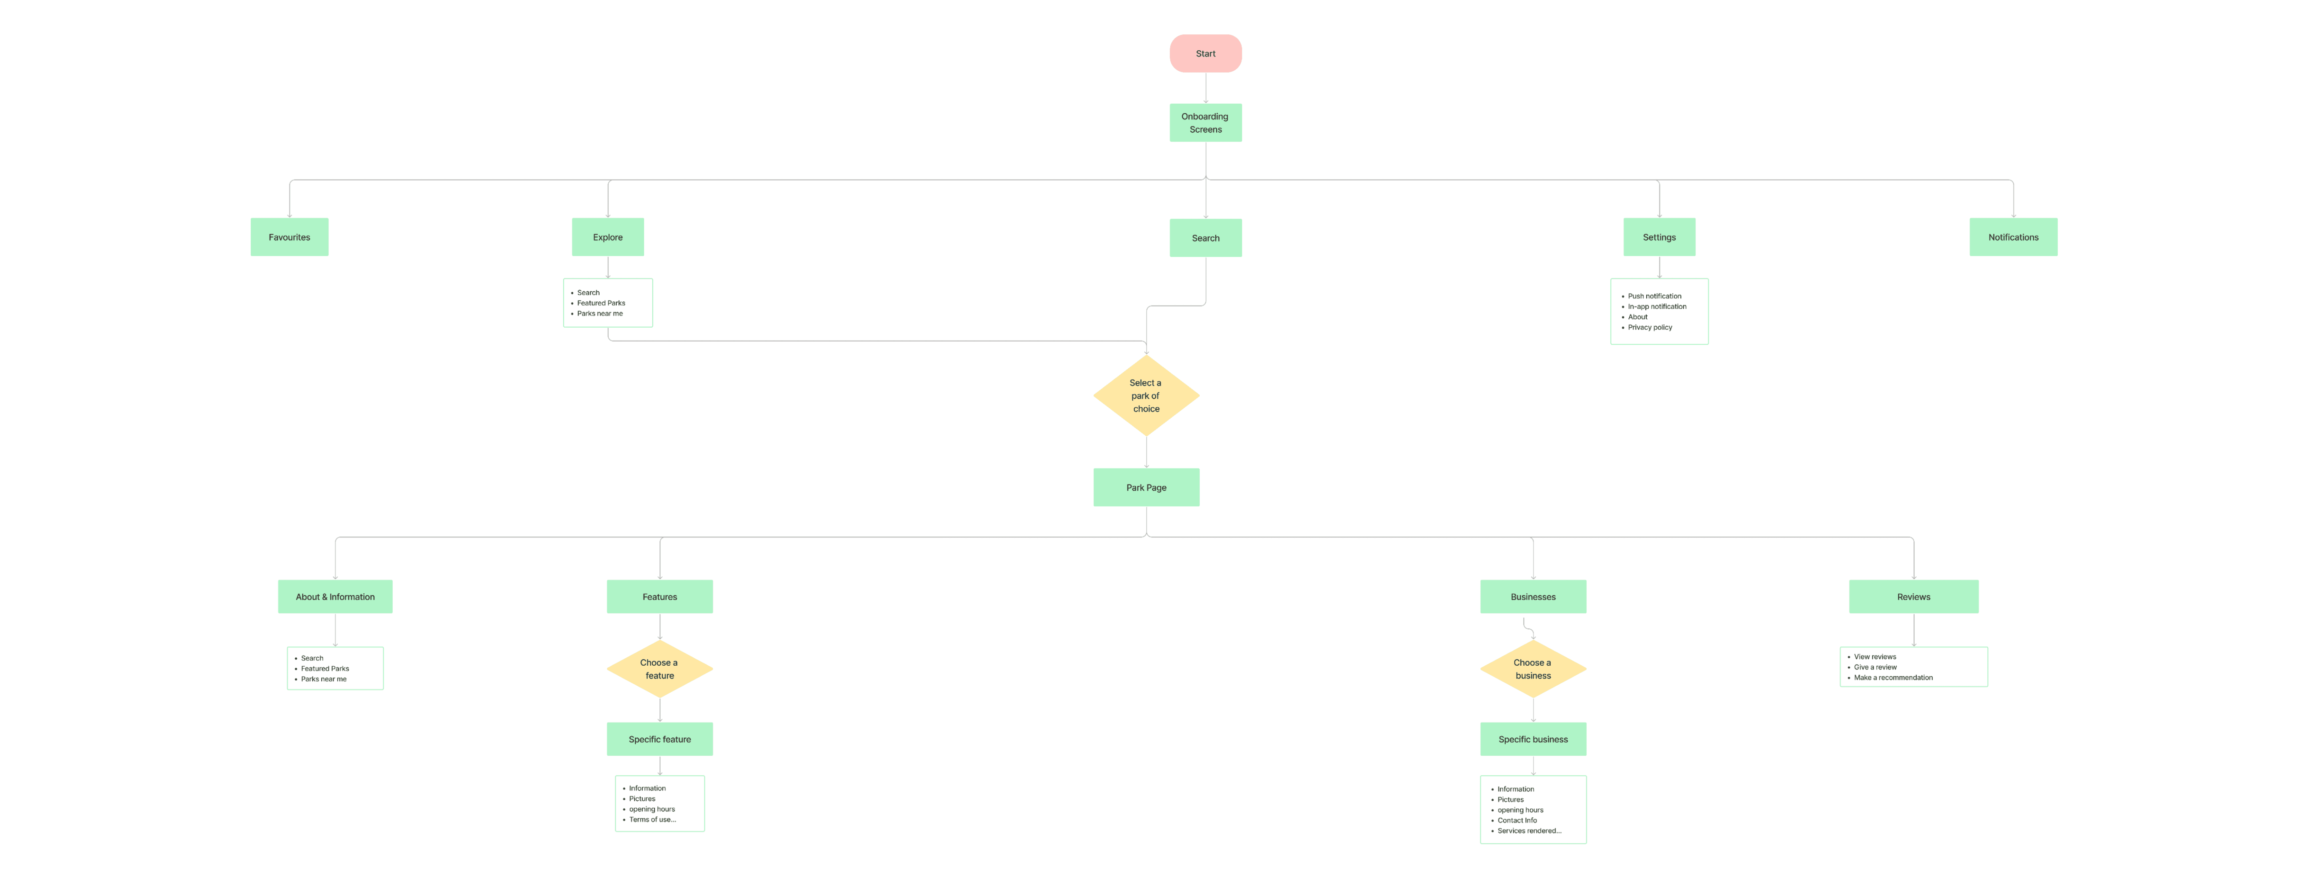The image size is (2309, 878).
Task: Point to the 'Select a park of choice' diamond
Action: (x=1146, y=396)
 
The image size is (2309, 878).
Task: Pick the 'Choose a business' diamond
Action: (x=1533, y=669)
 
